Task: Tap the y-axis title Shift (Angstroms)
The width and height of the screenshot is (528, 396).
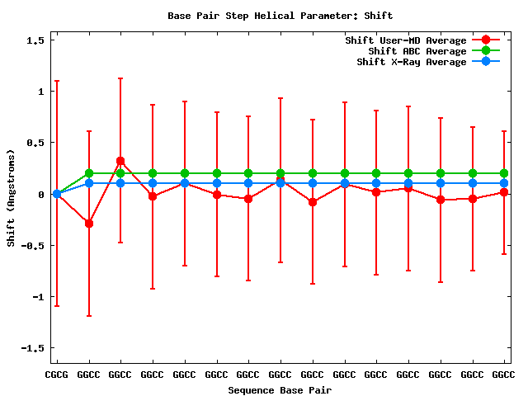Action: pos(11,198)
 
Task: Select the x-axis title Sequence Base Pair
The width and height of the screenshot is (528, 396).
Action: pos(280,389)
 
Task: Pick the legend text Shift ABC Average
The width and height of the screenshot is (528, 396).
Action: pos(418,51)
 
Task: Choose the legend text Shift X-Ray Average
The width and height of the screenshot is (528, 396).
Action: pos(412,62)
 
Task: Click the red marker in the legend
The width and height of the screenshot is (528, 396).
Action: pos(486,40)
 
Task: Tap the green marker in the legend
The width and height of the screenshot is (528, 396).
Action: pos(486,51)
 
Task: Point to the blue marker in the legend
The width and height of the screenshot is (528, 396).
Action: pos(486,62)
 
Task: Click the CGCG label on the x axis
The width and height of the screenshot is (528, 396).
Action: pos(57,375)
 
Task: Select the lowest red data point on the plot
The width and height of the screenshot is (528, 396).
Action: pos(89,224)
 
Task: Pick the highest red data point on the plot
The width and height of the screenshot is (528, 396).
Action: pos(120,161)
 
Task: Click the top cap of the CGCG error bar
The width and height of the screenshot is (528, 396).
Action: pos(57,81)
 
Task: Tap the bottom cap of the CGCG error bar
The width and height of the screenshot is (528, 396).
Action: pos(57,306)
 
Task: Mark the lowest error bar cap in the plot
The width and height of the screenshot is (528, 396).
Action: pos(89,316)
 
